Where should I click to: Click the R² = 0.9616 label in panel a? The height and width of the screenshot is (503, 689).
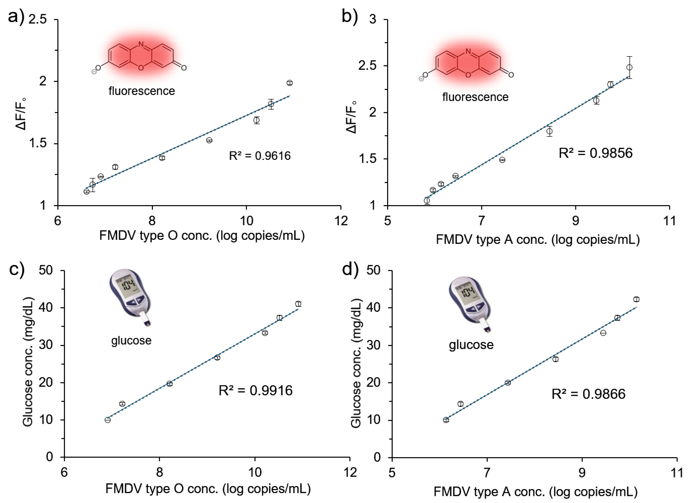[260, 156]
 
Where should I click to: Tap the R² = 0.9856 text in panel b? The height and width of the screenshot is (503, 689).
[595, 153]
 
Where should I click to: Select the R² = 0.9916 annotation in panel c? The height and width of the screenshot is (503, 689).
[255, 390]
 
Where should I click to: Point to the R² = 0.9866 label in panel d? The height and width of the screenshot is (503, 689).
[588, 394]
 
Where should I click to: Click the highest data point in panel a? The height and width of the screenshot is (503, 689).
[289, 83]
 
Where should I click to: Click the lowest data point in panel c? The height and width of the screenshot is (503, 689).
[108, 420]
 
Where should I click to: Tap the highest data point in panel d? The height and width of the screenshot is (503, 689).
[636, 299]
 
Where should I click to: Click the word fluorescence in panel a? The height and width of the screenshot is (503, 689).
[142, 91]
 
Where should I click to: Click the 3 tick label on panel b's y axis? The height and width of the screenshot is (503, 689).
[373, 20]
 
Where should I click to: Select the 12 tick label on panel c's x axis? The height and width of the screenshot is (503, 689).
[350, 472]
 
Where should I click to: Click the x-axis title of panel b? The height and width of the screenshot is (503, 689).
[538, 240]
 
